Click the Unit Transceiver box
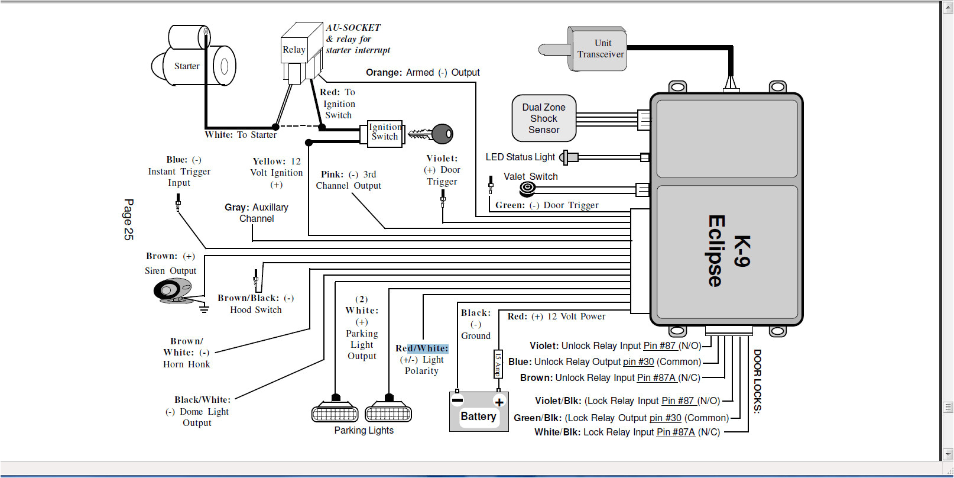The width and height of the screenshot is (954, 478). (598, 49)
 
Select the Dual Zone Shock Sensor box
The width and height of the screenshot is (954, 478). (544, 118)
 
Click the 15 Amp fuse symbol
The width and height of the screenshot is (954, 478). (498, 363)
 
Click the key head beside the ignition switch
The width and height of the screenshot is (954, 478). (443, 134)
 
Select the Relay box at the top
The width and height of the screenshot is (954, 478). (294, 50)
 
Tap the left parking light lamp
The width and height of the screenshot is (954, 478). (335, 412)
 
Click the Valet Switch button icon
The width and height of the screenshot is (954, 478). (527, 189)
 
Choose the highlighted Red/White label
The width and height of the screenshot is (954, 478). (422, 348)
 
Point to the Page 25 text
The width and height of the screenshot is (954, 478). (128, 219)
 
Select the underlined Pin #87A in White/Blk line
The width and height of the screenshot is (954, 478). (676, 432)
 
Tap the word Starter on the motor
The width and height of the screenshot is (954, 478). (187, 66)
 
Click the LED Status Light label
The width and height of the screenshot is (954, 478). (520, 157)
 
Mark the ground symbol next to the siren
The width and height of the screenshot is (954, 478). (204, 308)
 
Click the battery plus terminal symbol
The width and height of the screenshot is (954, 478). (499, 402)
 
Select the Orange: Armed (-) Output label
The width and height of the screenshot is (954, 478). (422, 72)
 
